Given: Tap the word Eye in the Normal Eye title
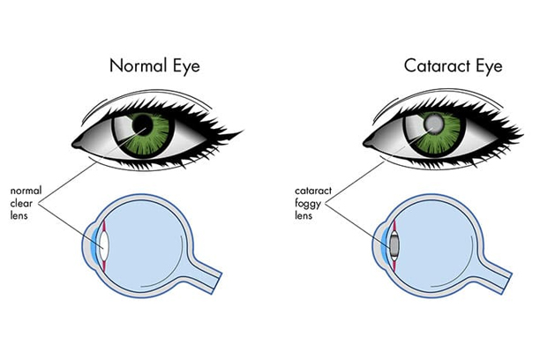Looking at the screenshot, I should [x=191, y=65].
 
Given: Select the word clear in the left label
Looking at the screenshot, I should [x=23, y=201].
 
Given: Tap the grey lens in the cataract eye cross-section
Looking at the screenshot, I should [x=392, y=241].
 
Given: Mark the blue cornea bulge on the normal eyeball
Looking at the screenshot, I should [x=93, y=240].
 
